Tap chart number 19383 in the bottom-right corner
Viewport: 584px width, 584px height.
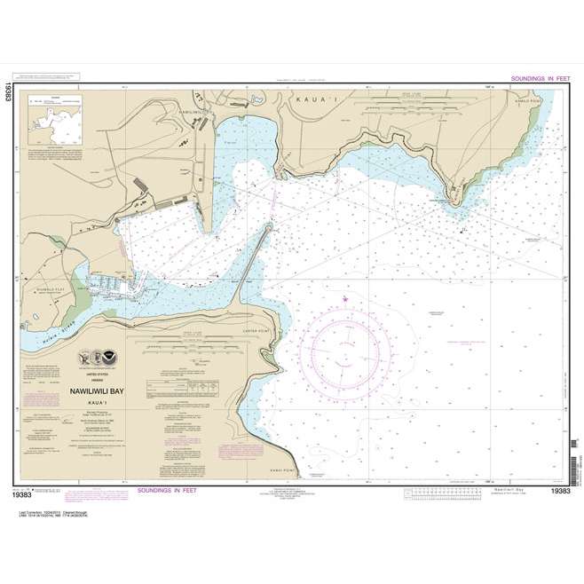559,491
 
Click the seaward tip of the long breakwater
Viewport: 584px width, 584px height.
268,228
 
